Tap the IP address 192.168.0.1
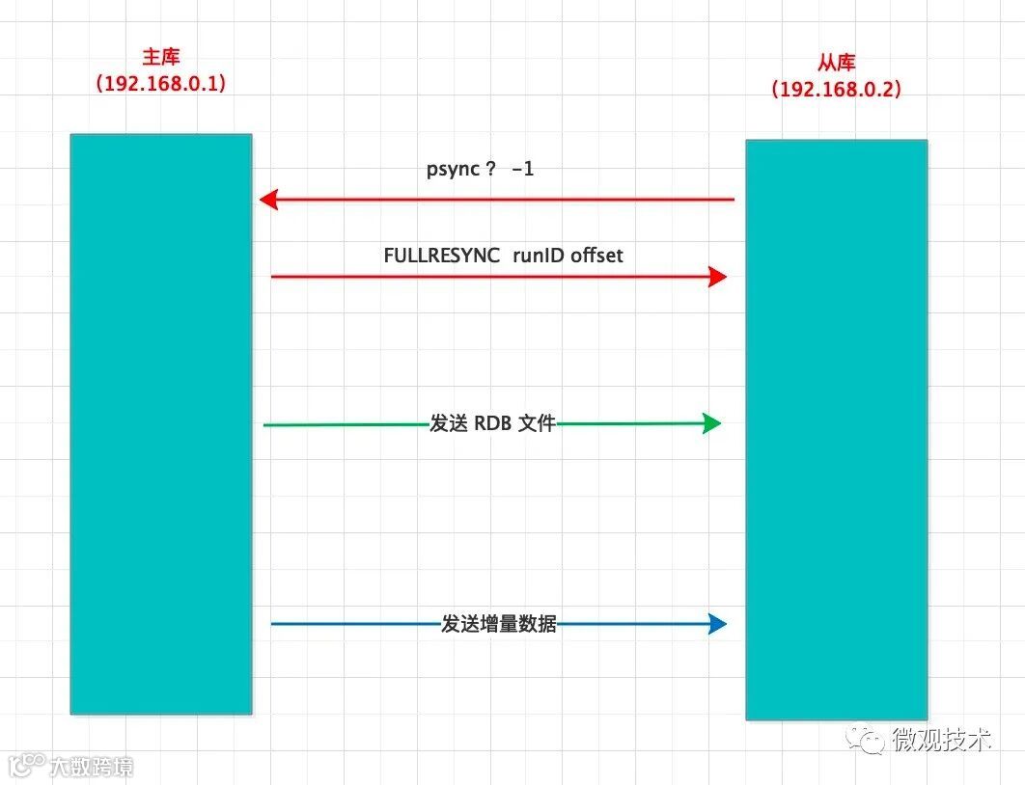click(160, 84)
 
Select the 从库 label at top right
click(836, 64)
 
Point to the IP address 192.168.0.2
click(836, 89)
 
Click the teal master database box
click(160, 423)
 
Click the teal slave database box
click(836, 429)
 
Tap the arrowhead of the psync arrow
click(268, 200)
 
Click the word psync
click(454, 170)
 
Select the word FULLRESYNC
click(441, 256)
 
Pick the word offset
click(596, 256)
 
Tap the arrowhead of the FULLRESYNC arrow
click(717, 277)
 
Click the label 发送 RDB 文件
click(492, 423)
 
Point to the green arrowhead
click(712, 423)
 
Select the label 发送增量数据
click(499, 624)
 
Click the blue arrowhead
click(717, 624)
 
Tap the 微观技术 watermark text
click(940, 740)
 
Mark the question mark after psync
click(490, 170)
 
